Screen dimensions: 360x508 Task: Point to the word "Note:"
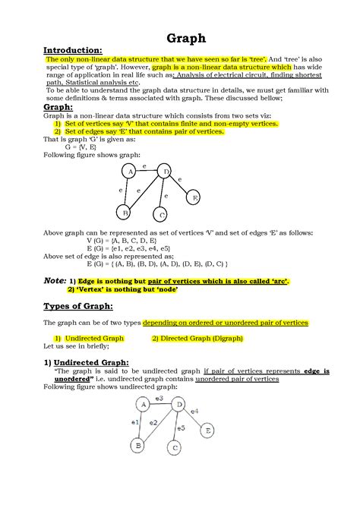click(x=55, y=280)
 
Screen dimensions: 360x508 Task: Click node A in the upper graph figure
click(x=131, y=172)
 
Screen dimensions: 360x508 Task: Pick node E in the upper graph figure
click(x=194, y=198)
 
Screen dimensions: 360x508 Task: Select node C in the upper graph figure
click(x=161, y=215)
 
